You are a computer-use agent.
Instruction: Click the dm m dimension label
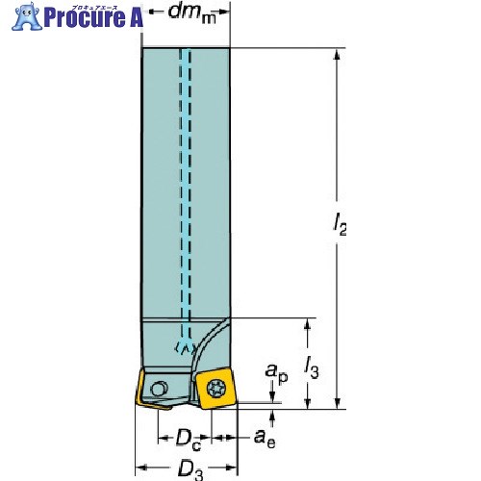coord(191,13)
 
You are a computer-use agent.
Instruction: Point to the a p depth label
coord(276,373)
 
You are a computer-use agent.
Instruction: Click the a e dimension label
coord(265,439)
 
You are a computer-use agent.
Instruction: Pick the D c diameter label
coord(189,441)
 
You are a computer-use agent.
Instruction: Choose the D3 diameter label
coord(190,469)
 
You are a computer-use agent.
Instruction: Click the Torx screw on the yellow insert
coord(216,390)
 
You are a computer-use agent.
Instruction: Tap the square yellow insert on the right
coord(216,389)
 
